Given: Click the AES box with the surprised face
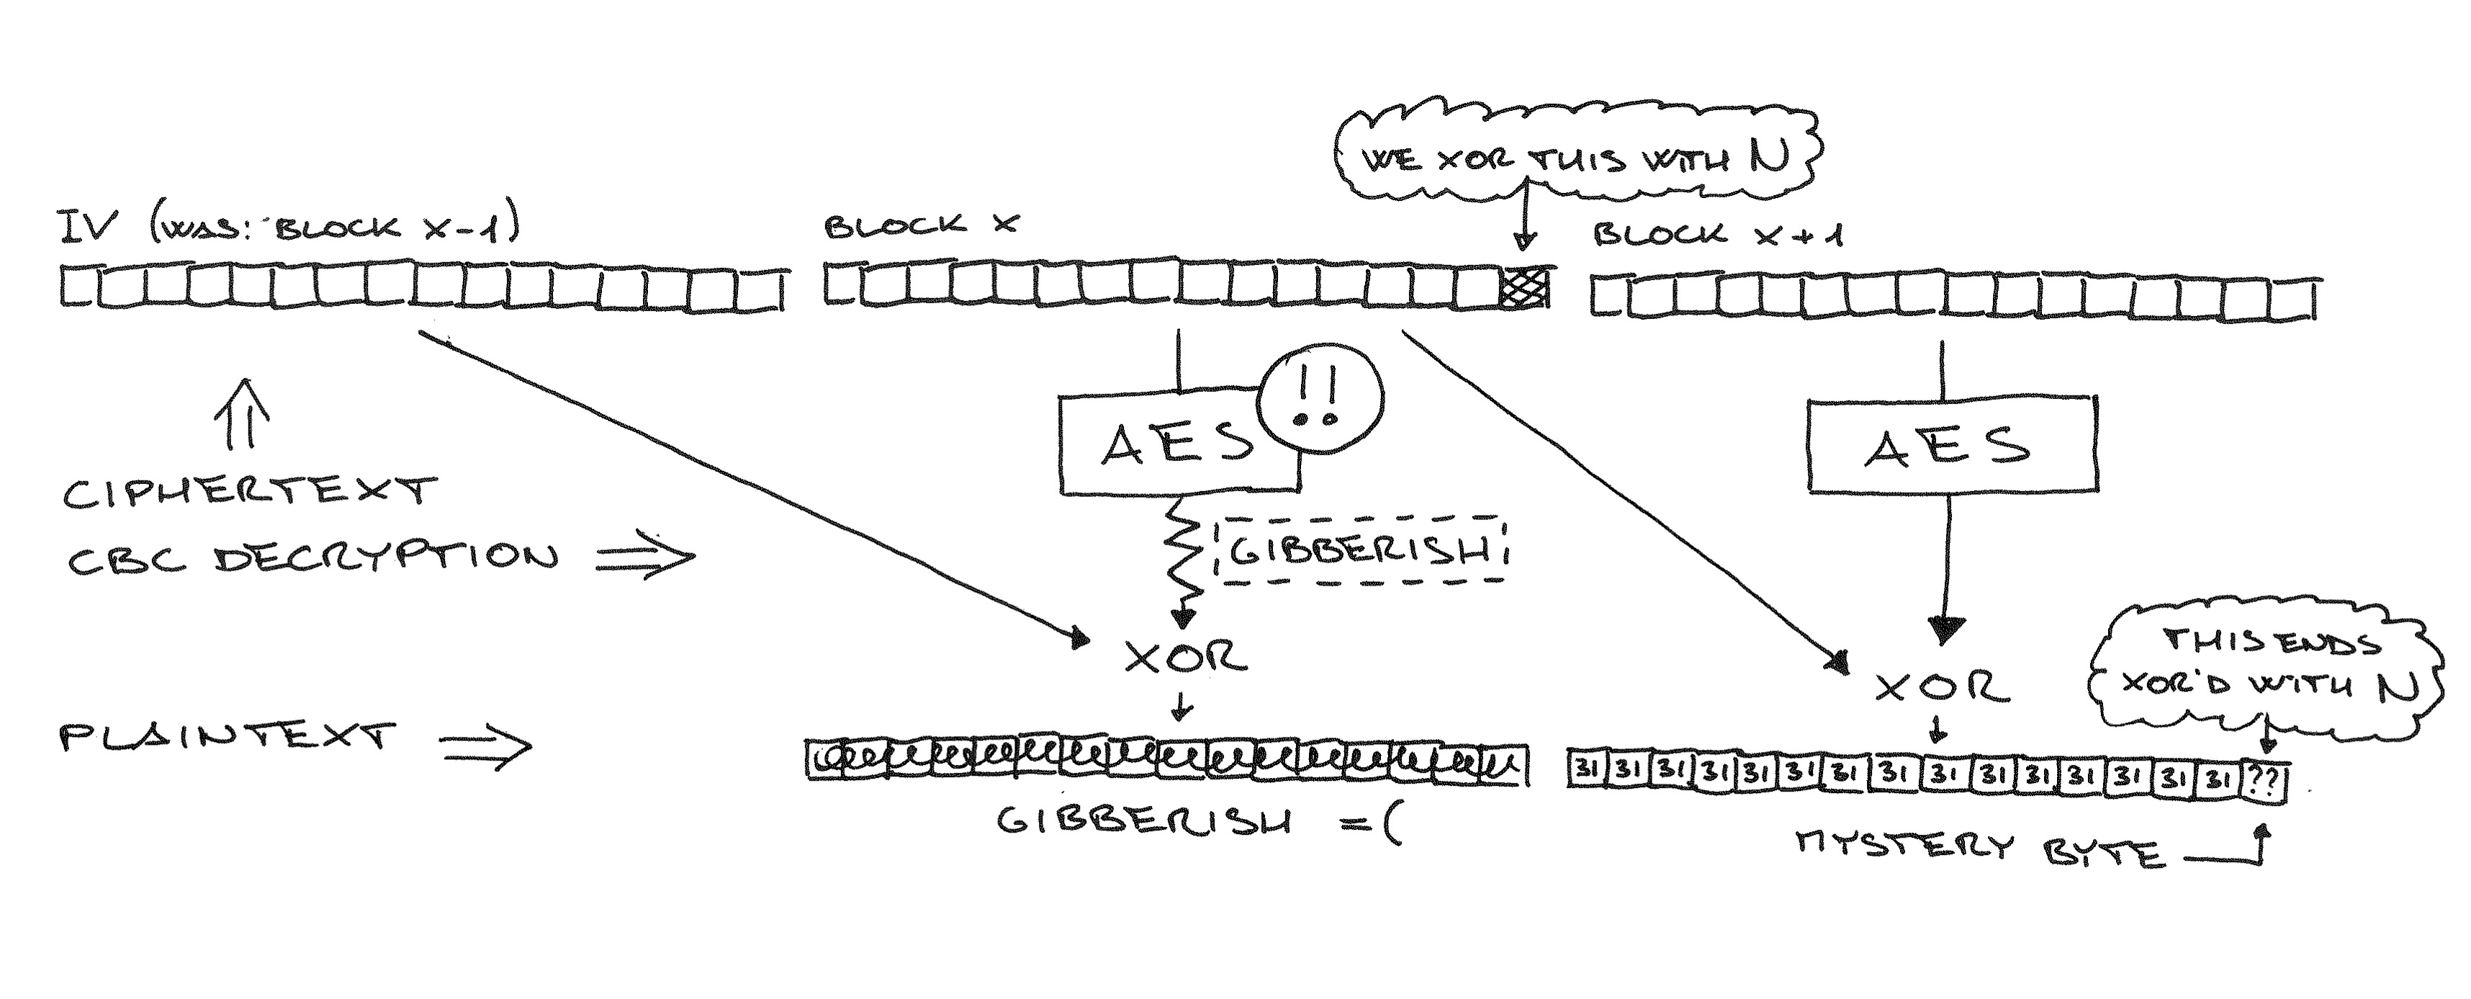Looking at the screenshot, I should coord(1176,445).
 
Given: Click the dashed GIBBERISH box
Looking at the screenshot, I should coord(1359,552).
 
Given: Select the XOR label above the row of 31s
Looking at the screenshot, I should coord(1940,686).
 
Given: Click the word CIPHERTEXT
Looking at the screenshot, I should coord(249,493).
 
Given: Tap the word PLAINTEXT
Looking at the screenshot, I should coord(228,737).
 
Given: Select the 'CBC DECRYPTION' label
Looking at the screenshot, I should coord(312,557).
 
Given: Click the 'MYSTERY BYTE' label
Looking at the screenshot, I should coord(1980,848).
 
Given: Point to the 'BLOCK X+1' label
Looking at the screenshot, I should coord(1717,234).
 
